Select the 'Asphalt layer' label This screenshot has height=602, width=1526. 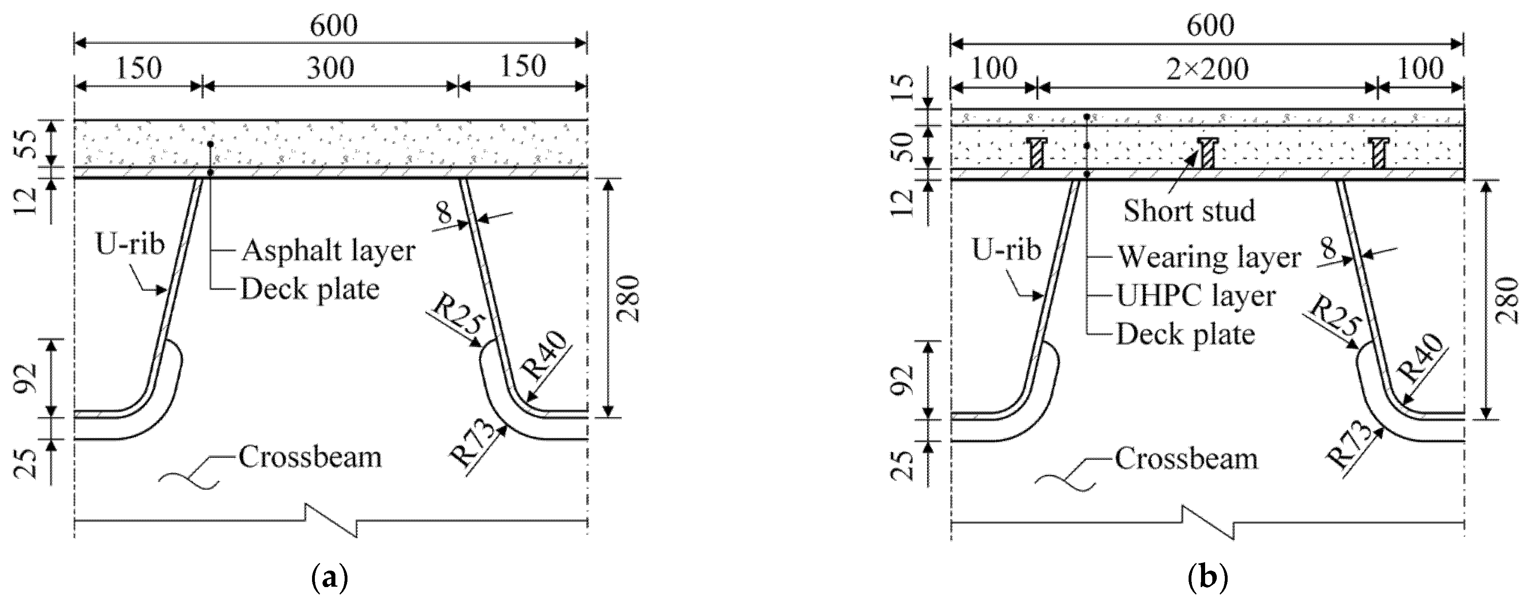click(x=328, y=251)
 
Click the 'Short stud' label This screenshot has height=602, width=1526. click(x=1189, y=211)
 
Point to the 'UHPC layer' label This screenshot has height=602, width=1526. click(x=1196, y=295)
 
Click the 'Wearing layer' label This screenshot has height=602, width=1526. click(x=1208, y=257)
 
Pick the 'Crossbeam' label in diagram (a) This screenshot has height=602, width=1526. click(x=310, y=457)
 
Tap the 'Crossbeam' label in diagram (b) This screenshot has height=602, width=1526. click(x=1186, y=459)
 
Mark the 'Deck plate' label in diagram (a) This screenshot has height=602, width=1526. click(x=309, y=289)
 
